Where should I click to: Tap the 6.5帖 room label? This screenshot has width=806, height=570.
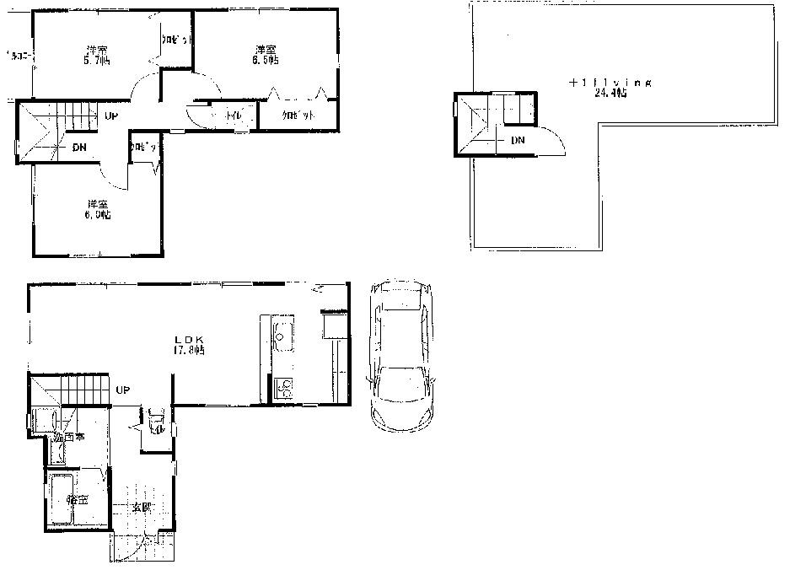tap(265, 54)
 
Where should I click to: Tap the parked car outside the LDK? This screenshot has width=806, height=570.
tap(400, 354)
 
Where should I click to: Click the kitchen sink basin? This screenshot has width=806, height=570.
tap(281, 336)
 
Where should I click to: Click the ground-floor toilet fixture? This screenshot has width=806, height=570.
tap(154, 419)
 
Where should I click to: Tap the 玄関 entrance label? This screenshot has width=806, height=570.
tap(141, 508)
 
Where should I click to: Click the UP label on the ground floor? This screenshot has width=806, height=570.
tap(122, 390)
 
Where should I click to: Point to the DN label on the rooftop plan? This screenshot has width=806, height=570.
tap(518, 139)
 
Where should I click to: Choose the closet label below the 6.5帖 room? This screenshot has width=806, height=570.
tap(298, 114)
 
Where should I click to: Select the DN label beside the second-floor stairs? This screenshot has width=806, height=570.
tap(78, 148)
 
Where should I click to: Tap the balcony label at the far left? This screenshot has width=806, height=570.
tap(19, 56)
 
